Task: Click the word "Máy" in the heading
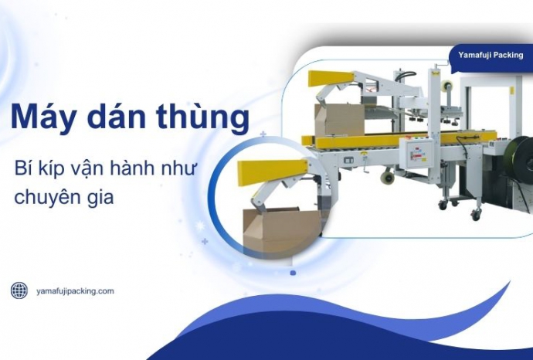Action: click(39, 118)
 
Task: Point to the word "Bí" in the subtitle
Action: click(24, 169)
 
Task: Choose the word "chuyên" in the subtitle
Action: click(44, 196)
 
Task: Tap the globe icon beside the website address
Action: click(19, 290)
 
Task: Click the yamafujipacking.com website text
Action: click(75, 290)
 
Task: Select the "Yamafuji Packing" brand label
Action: click(491, 55)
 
